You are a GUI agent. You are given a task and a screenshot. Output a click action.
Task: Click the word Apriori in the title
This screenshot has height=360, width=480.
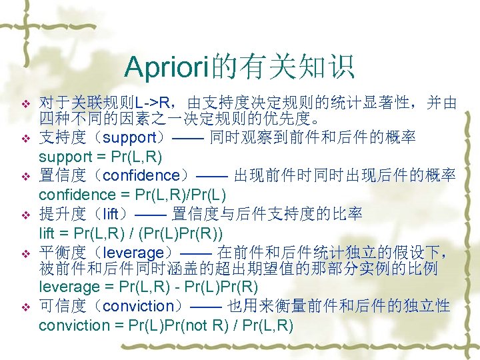pyautogui.click(x=165, y=67)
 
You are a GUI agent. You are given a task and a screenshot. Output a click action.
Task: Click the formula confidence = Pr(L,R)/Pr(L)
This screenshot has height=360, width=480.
pyautogui.click(x=133, y=195)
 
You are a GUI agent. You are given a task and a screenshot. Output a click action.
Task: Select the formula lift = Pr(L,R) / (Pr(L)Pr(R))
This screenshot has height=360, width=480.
pyautogui.click(x=131, y=233)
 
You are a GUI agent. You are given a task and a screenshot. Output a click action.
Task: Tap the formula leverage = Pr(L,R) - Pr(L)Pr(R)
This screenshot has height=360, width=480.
pyautogui.click(x=148, y=287)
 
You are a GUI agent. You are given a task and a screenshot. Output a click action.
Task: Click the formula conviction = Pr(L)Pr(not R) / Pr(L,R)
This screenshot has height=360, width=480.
pyautogui.click(x=165, y=326)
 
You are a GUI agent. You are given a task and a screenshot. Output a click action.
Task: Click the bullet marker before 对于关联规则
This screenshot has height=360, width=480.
pyautogui.click(x=26, y=105)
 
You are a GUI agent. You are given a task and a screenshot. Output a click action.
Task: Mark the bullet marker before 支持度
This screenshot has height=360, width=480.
pyautogui.click(x=26, y=139)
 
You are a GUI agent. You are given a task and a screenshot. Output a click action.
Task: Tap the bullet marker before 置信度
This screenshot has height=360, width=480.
pyautogui.click(x=26, y=177)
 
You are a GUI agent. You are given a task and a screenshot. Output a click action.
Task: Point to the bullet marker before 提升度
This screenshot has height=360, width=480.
pyautogui.click(x=26, y=215)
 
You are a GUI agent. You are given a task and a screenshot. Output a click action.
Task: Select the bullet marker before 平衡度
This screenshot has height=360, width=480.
pyautogui.click(x=26, y=253)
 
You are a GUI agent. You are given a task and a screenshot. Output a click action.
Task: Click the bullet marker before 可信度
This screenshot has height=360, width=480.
pyautogui.click(x=26, y=307)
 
